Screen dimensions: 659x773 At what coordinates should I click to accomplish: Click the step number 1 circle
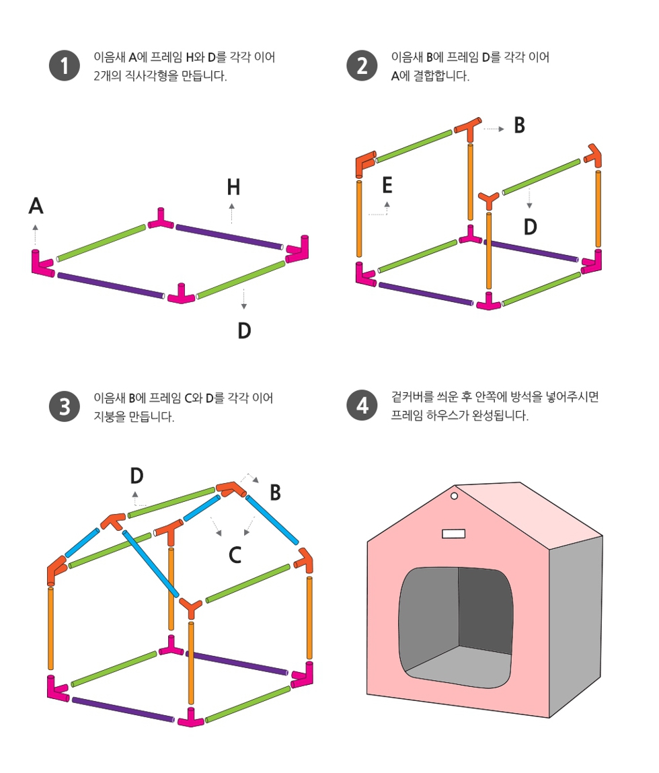tap(65, 65)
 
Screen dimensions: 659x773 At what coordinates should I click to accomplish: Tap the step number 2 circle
tap(362, 65)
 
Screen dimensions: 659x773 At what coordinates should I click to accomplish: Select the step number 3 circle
tap(65, 407)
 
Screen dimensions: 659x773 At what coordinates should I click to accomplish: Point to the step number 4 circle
tap(362, 405)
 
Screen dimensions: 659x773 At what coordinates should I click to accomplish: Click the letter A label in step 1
tap(36, 206)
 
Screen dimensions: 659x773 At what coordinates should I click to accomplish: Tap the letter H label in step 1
tap(233, 187)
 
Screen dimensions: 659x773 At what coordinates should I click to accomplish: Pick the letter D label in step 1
tap(245, 330)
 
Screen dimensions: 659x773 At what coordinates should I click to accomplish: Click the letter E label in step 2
tap(387, 186)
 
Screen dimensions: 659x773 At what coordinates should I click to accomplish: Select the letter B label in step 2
tap(520, 125)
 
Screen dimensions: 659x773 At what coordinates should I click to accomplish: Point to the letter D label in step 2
tap(531, 227)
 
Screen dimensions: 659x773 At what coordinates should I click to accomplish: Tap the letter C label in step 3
tap(235, 555)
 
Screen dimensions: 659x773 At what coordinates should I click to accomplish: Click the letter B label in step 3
tap(275, 492)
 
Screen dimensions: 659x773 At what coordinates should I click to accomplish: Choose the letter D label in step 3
tap(137, 476)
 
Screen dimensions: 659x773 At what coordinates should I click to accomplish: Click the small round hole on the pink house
tap(455, 496)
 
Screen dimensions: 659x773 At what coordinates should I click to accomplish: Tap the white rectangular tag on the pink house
tap(453, 533)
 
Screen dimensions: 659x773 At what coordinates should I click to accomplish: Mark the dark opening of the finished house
tap(457, 627)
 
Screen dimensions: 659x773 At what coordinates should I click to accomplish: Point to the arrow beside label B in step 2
tap(494, 129)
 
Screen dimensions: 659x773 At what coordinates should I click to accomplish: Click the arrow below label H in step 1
tap(232, 213)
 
